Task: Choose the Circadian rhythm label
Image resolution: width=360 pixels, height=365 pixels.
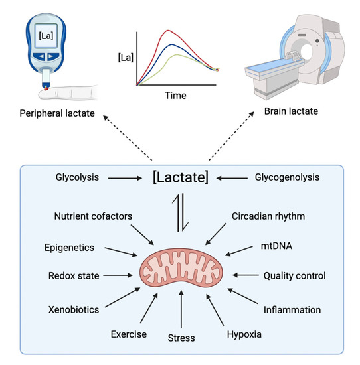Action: pos(269,216)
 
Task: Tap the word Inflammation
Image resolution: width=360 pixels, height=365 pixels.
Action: pos(292,309)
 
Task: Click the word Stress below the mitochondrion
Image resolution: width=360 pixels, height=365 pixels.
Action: pos(181,338)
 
